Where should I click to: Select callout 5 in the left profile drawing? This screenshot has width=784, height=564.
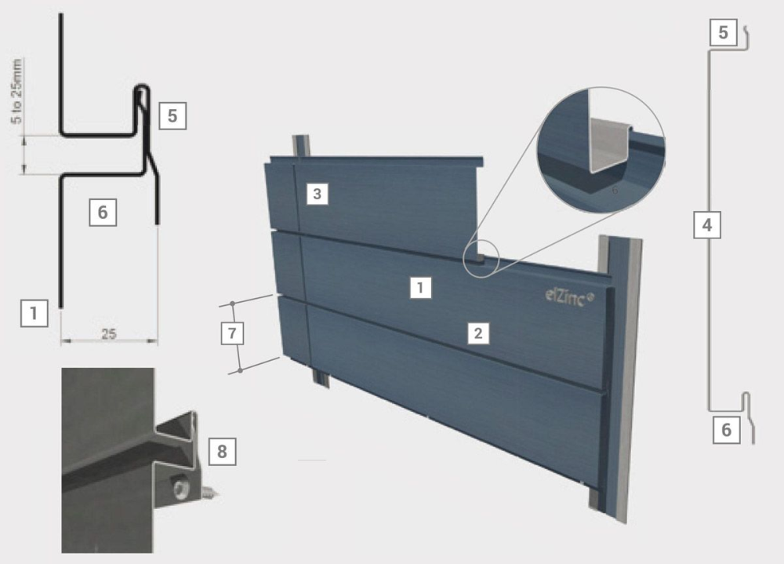[x=172, y=116]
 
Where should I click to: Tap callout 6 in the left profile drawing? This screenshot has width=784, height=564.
[x=103, y=212]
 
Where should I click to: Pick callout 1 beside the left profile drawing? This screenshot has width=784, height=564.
[x=33, y=315]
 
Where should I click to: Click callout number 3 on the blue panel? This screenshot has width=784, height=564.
[x=316, y=194]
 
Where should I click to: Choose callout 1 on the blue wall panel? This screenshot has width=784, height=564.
[x=421, y=288]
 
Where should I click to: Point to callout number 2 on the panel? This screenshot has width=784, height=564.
[x=478, y=333]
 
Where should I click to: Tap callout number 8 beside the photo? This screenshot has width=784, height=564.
[x=221, y=451]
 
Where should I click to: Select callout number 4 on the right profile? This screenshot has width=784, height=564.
[x=706, y=227]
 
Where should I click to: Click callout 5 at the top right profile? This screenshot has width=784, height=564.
[x=723, y=32]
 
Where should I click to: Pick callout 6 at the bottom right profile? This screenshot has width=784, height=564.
[x=726, y=430]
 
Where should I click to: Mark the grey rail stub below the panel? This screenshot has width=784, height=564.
[x=320, y=377]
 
